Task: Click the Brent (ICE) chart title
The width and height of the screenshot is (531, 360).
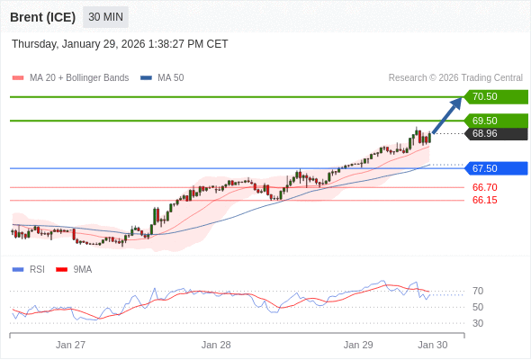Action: pos(42,17)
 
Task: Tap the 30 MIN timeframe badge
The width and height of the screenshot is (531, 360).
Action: pos(106,17)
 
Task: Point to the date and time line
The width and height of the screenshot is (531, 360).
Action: pos(120,44)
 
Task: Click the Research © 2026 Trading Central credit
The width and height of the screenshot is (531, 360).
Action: pos(455,77)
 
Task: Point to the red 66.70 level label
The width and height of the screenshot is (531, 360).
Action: pos(484,187)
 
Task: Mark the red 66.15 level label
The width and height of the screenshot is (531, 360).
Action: pos(484,200)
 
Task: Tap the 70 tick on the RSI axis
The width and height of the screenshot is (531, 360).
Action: pos(478,291)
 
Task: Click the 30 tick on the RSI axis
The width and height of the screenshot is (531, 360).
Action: pos(478,323)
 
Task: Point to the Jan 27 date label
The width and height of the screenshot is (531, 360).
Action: pos(70,345)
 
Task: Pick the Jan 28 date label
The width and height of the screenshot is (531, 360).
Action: pos(216,345)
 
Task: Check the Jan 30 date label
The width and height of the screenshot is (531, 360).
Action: pos(432,345)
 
